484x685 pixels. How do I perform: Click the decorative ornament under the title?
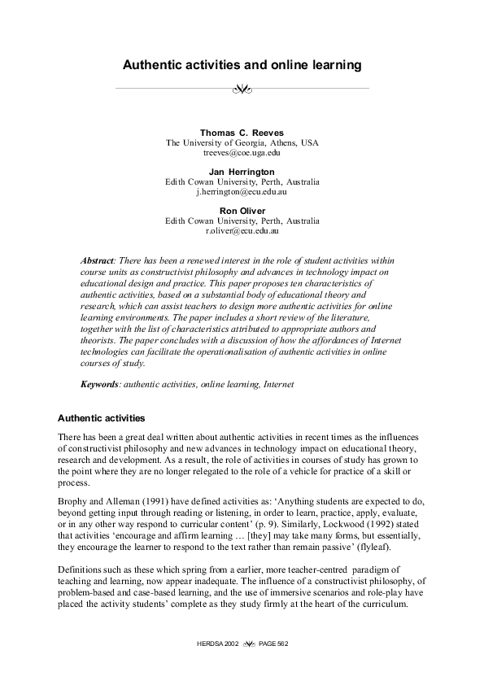(x=242, y=88)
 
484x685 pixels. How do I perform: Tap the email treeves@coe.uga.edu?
(x=242, y=152)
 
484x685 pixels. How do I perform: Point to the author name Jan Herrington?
(x=242, y=172)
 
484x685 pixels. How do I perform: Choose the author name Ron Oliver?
(x=242, y=211)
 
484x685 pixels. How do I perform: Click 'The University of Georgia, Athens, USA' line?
(x=242, y=142)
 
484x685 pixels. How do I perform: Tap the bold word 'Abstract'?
(x=97, y=260)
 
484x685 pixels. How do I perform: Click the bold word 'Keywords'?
(x=99, y=383)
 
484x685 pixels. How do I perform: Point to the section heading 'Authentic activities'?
(x=101, y=418)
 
